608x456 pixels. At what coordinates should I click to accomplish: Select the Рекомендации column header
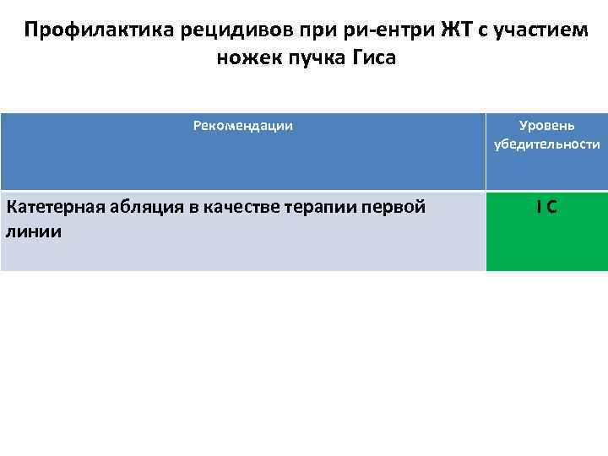(243, 126)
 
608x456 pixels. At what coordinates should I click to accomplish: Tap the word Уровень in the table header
(547, 126)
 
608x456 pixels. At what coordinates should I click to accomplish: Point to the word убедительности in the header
(547, 144)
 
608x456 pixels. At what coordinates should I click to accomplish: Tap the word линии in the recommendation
(33, 231)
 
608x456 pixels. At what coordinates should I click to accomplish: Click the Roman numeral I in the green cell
(538, 207)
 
